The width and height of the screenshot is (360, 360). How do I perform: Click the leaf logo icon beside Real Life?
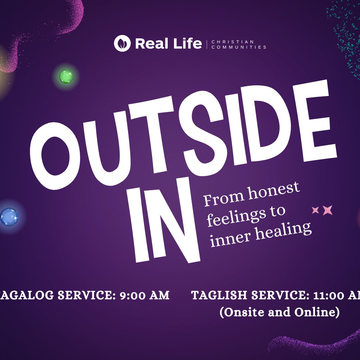pos(122,44)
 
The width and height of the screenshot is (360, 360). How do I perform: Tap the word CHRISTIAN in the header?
pos(232,42)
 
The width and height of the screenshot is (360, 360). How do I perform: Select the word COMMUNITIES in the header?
pos(239,47)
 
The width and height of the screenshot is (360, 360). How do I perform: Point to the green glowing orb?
pos(66,77)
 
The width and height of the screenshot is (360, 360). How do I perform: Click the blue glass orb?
pos(9,217)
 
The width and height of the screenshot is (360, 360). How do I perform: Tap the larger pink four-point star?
pos(328,210)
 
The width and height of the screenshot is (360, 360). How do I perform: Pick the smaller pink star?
pos(315,210)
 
